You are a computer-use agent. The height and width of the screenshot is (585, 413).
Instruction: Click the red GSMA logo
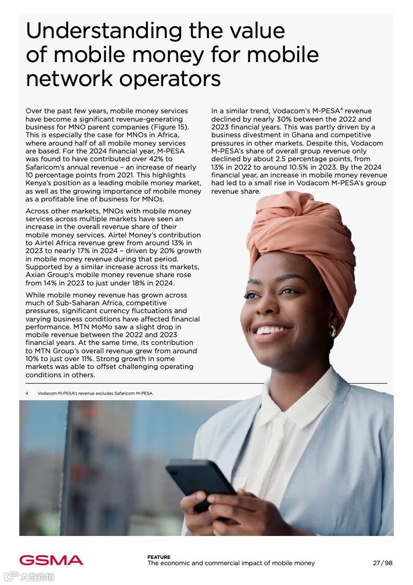pos(51,560)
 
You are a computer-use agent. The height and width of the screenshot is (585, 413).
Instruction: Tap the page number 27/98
pos(382,563)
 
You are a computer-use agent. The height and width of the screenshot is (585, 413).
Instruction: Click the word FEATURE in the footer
pos(158,557)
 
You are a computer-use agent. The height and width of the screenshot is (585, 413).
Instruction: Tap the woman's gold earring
pos(332,331)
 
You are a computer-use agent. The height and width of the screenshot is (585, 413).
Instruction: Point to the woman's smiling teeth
pos(271,330)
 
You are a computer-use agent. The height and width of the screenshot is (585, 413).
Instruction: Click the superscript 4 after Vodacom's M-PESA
pos(341,109)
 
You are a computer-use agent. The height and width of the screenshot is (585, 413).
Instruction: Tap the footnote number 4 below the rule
pos(27,393)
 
